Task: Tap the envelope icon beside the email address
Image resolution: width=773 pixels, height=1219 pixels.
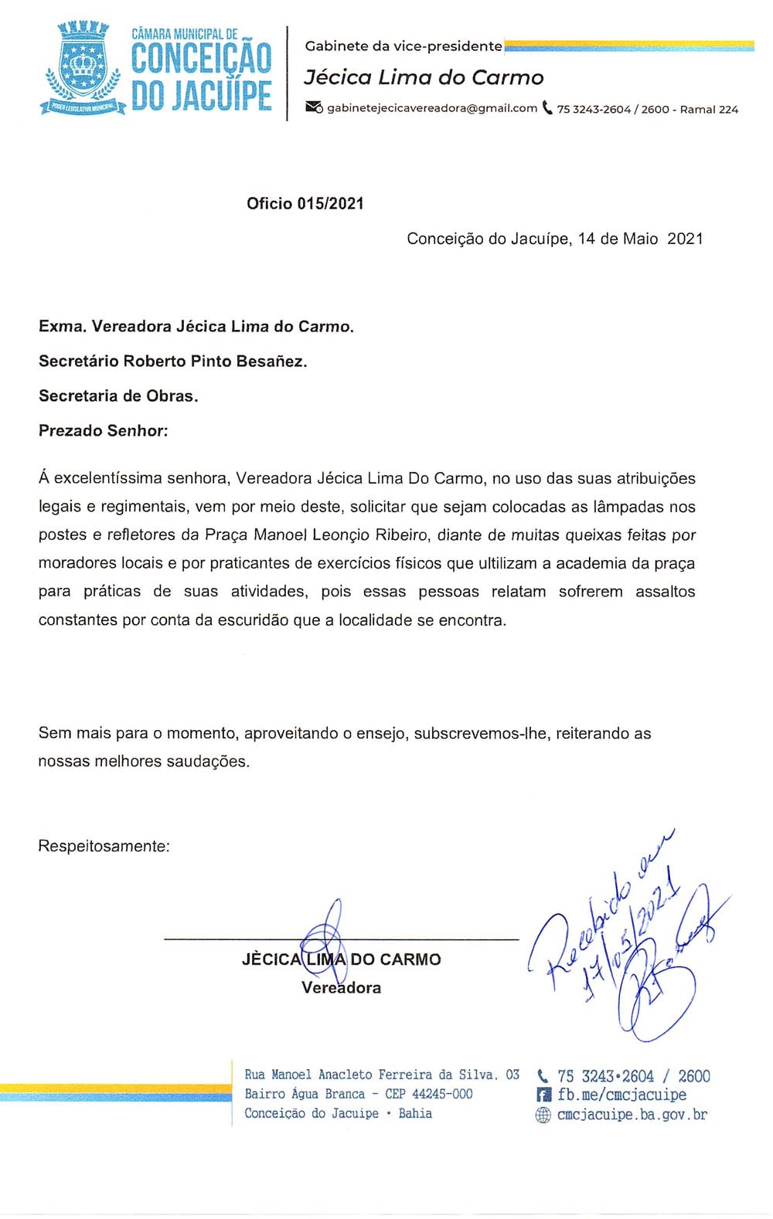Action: [x=314, y=107]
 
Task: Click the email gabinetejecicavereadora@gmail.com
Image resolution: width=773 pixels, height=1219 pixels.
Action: [x=432, y=108]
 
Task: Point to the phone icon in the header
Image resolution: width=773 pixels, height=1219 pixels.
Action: [x=547, y=108]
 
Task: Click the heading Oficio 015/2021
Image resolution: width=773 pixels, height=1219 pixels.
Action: [x=305, y=204]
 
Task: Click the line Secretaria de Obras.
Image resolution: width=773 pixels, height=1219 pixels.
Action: [x=118, y=396]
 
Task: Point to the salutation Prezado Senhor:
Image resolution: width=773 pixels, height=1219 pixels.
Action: [x=103, y=430]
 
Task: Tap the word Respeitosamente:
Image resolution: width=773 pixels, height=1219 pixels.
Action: [x=104, y=846]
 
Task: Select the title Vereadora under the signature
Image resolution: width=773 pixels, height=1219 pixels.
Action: [x=341, y=987]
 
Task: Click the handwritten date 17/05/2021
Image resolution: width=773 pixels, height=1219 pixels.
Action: [x=630, y=942]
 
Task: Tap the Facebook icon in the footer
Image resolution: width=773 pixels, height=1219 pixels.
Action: [x=543, y=1095]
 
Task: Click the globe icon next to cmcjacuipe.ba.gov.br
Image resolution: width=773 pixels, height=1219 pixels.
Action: [x=543, y=1115]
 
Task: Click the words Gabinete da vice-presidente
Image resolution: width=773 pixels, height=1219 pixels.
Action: [x=404, y=46]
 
